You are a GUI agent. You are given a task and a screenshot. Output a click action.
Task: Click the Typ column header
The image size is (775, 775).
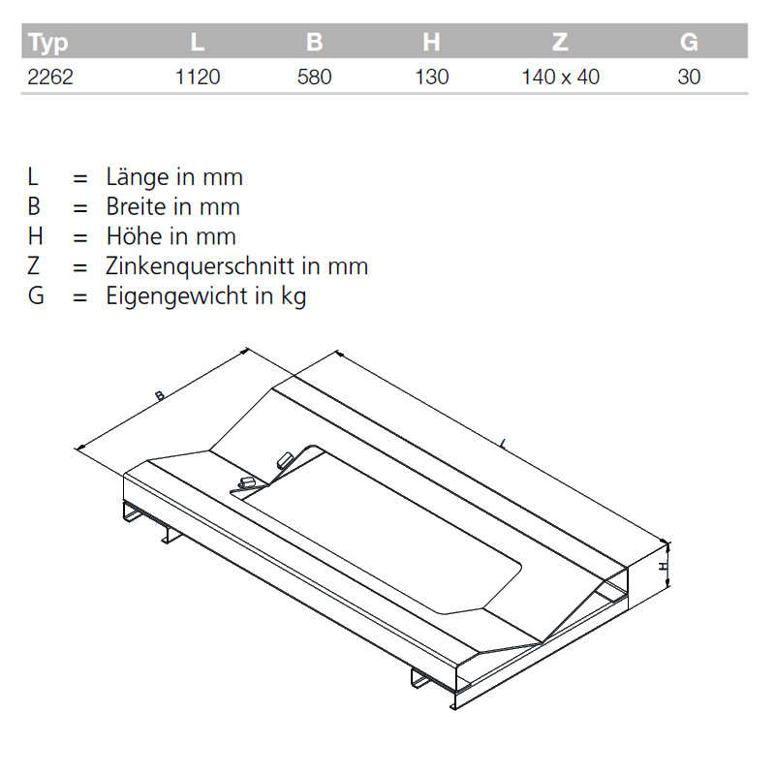point(47,43)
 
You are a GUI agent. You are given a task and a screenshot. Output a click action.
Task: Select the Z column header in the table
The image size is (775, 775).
point(560,43)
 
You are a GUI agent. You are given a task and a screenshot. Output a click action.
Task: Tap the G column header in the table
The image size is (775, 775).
point(689,43)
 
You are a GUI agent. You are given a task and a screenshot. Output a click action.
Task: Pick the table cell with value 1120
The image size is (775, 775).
point(198,77)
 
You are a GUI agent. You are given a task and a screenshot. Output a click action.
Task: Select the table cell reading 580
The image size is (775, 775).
point(314,77)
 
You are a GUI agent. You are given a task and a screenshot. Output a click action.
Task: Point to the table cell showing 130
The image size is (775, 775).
point(431,77)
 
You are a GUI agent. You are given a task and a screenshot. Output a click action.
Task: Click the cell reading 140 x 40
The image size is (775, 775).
point(560,77)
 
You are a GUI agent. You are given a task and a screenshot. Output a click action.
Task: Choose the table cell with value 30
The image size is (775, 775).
point(689,77)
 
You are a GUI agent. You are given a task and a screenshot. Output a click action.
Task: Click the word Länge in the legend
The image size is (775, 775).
point(136,177)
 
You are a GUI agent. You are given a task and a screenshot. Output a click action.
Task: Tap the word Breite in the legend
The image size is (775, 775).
point(138,206)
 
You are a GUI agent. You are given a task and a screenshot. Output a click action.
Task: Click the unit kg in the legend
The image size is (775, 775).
point(294,296)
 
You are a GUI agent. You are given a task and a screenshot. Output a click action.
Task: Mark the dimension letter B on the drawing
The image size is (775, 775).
point(158,394)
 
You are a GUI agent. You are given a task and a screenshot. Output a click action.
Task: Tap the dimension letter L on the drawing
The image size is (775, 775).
point(504,445)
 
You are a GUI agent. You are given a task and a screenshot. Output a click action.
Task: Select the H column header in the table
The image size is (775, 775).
point(431,43)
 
